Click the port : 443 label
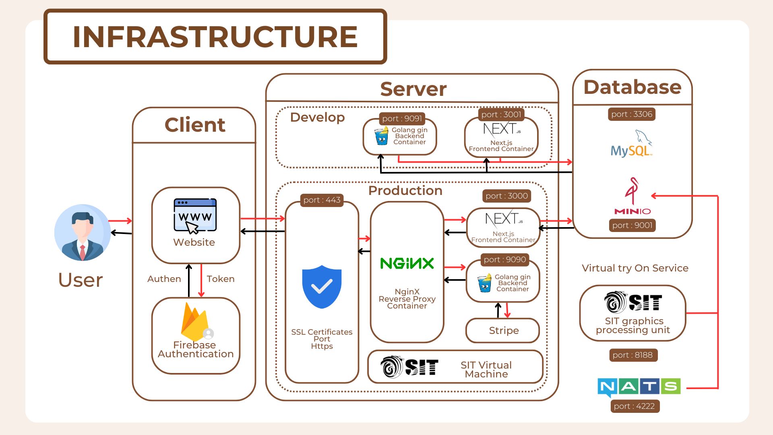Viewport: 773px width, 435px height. click(322, 200)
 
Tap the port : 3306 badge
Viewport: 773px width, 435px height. click(632, 114)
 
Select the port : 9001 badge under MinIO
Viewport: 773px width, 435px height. click(632, 226)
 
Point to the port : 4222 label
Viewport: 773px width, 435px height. click(635, 406)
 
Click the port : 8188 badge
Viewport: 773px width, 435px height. click(632, 355)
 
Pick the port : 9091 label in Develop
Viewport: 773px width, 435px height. click(402, 119)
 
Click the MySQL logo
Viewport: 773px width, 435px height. click(631, 143)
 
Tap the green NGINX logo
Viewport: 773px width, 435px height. click(407, 263)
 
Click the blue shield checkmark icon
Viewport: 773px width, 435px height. click(322, 287)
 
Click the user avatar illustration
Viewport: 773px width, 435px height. click(83, 233)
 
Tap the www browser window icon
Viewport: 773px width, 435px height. click(195, 216)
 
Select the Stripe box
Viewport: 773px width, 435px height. click(502, 331)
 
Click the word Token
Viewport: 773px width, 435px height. click(221, 279)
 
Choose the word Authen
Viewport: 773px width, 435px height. click(164, 279)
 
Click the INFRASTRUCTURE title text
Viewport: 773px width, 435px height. click(215, 37)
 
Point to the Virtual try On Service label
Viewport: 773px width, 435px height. click(635, 268)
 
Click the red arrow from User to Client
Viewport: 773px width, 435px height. click(120, 221)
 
